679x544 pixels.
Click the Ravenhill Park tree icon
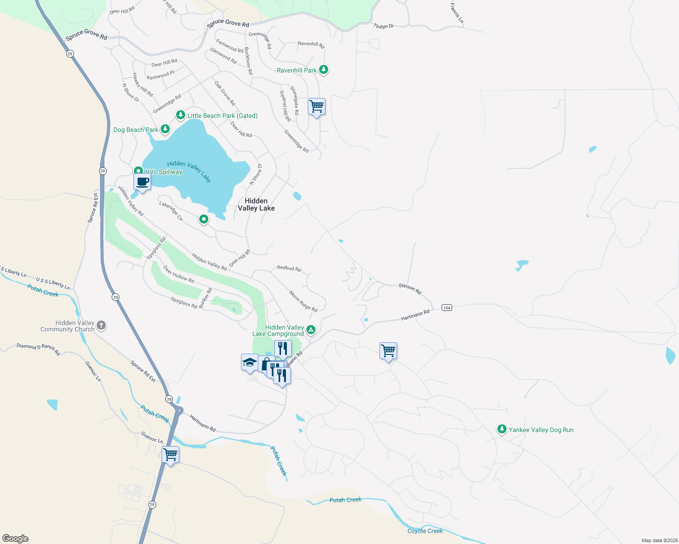[323, 70]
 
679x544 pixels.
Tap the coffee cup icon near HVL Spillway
[142, 182]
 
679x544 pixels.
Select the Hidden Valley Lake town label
[256, 204]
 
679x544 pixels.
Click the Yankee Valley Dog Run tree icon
[502, 429]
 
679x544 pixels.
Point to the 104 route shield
[447, 308]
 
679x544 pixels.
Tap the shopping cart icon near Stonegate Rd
[316, 107]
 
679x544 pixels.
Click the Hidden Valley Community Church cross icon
[101, 325]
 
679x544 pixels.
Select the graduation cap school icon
[250, 363]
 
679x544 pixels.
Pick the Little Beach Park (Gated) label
[222, 116]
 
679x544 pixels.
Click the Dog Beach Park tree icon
[165, 130]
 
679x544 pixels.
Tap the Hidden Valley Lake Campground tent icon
[311, 330]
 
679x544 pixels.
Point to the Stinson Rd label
[410, 288]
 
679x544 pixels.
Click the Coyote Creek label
[425, 531]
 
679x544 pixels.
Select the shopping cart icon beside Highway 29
[171, 454]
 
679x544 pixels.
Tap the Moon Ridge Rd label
[303, 301]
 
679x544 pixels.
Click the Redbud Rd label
[289, 268]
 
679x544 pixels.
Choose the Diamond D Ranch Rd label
[38, 349]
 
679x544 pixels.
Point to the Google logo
[15, 539]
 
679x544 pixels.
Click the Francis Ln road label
[457, 13]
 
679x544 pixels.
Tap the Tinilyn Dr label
[384, 26]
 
